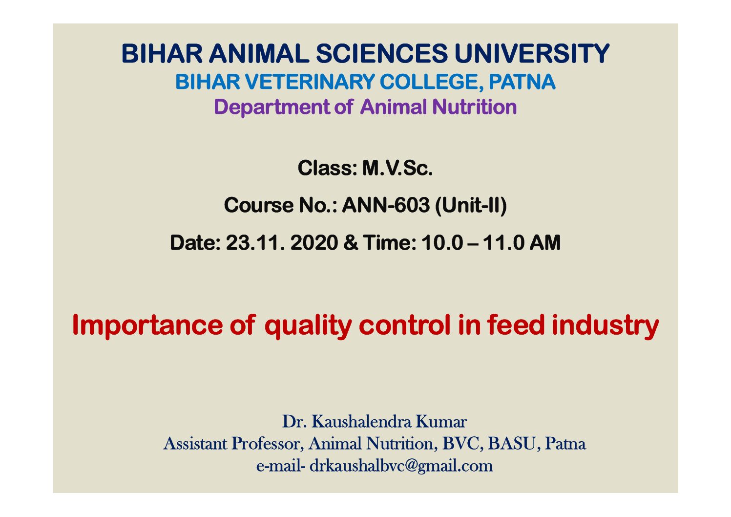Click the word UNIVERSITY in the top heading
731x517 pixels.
(x=532, y=54)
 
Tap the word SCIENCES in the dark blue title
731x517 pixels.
(x=382, y=54)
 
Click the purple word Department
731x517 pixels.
(x=272, y=108)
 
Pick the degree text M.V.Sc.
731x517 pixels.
(x=397, y=168)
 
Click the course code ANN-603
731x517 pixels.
(x=386, y=205)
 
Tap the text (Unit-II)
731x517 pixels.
(x=471, y=206)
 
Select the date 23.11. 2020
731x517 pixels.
(x=282, y=243)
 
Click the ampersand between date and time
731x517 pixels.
(x=351, y=243)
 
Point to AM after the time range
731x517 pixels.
(x=544, y=243)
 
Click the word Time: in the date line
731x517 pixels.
(x=390, y=243)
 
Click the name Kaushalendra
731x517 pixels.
(x=361, y=421)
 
